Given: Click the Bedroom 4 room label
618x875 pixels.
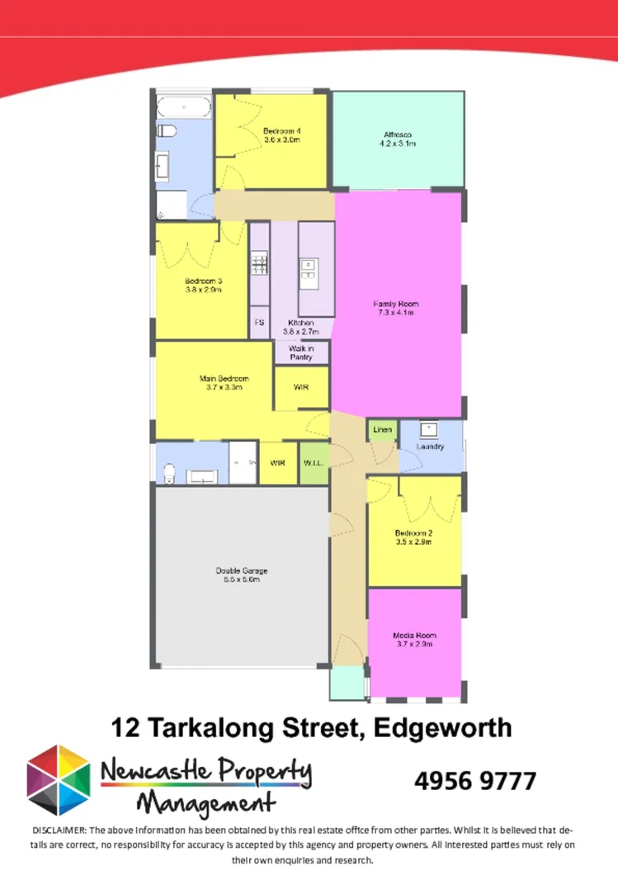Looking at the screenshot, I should tap(281, 135).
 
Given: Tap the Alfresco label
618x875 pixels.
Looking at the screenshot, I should tap(398, 139).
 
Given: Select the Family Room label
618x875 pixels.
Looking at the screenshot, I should tap(397, 308).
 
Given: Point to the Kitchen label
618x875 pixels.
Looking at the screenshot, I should tap(300, 327).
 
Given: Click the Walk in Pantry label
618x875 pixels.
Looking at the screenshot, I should tap(301, 352).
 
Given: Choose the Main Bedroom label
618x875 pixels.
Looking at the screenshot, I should tap(224, 382).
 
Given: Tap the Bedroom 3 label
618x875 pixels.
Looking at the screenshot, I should tap(203, 285).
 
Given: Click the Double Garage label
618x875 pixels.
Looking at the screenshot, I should tap(242, 575).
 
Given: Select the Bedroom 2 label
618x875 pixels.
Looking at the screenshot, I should tap(414, 537).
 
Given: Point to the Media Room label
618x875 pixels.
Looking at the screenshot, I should tap(414, 639).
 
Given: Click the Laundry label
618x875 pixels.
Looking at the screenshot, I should tap(431, 447).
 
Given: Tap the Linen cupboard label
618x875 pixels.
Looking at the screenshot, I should tap(382, 430).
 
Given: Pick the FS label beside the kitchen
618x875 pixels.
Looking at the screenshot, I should tap(259, 322).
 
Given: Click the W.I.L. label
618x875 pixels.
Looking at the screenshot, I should tap(314, 464).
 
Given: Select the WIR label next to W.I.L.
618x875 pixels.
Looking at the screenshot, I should tap(278, 464).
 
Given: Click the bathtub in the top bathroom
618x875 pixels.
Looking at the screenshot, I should tap(184, 107).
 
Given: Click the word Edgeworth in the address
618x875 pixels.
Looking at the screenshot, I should tap(442, 727).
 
